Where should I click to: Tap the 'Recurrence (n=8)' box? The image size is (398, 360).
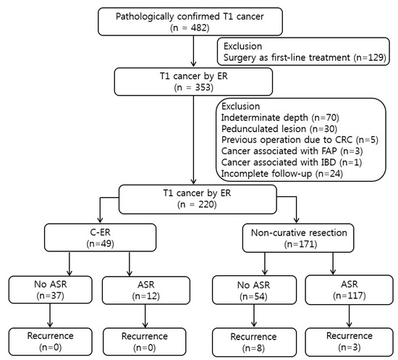[x=247, y=342]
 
